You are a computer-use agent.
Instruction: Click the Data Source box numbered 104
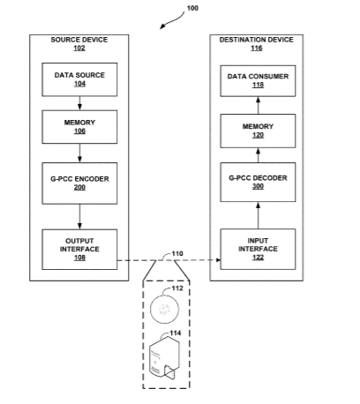pyautogui.click(x=79, y=79)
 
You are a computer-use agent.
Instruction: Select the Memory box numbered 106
pyautogui.click(x=79, y=127)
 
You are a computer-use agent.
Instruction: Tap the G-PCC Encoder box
pyautogui.click(x=79, y=183)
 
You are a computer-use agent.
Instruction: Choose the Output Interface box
pyautogui.click(x=79, y=250)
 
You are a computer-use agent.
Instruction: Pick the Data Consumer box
pyautogui.click(x=258, y=81)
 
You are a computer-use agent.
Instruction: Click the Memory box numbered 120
pyautogui.click(x=258, y=131)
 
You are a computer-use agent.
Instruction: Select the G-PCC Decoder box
pyautogui.click(x=258, y=182)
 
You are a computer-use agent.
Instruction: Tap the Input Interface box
pyautogui.click(x=258, y=249)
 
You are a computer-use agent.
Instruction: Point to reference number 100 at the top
pyautogui.click(x=192, y=8)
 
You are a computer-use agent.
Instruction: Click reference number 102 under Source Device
pyautogui.click(x=79, y=48)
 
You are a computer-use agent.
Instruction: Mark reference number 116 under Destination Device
pyautogui.click(x=257, y=48)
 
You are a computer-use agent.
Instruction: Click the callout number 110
pyautogui.click(x=177, y=253)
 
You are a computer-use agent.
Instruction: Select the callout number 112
pyautogui.click(x=177, y=288)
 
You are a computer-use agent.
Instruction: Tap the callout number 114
pyautogui.click(x=176, y=333)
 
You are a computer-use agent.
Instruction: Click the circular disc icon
pyautogui.click(x=164, y=309)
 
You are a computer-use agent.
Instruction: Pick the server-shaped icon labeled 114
pyautogui.click(x=164, y=357)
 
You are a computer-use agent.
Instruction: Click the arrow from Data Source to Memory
pyautogui.click(x=79, y=103)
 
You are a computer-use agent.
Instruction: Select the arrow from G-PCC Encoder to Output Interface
pyautogui.click(x=79, y=217)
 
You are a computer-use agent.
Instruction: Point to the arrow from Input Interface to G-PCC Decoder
pyautogui.click(x=259, y=215)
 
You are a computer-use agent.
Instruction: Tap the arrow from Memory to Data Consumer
pyautogui.click(x=259, y=105)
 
